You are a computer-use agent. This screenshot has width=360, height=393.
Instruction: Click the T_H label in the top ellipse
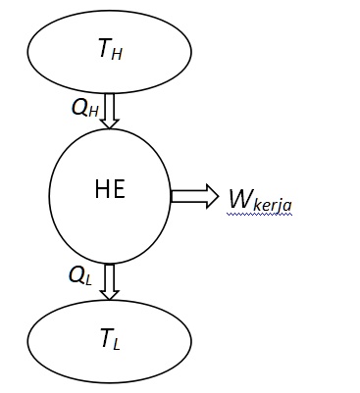tap(109, 50)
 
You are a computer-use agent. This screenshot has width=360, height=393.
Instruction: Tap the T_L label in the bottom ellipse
tap(109, 339)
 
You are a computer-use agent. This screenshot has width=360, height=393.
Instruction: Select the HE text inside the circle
tap(110, 189)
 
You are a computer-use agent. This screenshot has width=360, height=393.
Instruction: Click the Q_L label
tap(80, 275)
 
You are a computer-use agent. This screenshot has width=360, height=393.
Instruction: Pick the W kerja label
tap(259, 200)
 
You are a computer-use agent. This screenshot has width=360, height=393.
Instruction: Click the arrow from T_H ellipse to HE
tap(109, 110)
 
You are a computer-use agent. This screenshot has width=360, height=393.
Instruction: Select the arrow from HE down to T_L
tap(109, 280)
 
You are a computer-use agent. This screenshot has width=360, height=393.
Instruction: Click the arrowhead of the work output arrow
tap(211, 197)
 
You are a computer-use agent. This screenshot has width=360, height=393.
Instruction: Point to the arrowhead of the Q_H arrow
tap(109, 122)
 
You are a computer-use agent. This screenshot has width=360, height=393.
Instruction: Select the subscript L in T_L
tap(117, 344)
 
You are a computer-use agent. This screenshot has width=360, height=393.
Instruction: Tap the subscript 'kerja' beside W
tap(272, 205)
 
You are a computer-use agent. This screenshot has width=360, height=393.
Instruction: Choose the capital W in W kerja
tap(238, 198)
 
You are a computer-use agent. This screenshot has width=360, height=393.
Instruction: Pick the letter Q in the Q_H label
tap(78, 106)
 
